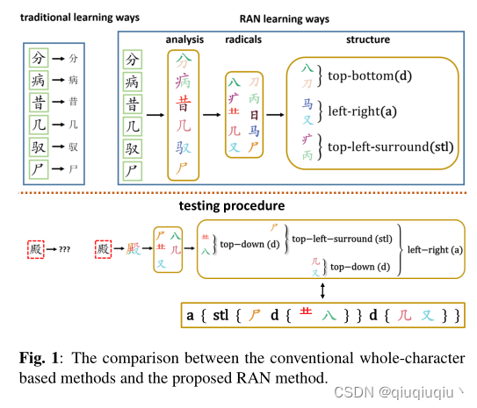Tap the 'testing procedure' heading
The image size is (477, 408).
231,206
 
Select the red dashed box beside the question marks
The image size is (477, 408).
35,249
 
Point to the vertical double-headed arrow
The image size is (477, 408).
325,289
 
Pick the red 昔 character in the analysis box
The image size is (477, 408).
184,105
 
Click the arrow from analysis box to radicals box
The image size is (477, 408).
213,114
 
